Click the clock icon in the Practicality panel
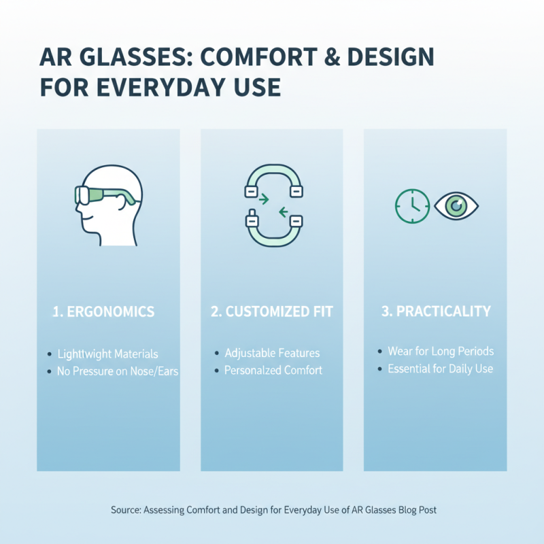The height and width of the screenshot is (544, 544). click(412, 205)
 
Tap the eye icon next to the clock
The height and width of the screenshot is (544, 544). click(456, 205)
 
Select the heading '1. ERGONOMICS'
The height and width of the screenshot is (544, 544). click(103, 312)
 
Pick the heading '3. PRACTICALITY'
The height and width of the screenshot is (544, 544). click(436, 311)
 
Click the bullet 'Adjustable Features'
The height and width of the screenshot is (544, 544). click(272, 354)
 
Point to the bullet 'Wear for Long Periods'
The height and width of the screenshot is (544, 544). click(441, 352)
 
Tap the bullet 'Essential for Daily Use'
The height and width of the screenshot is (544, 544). click(441, 369)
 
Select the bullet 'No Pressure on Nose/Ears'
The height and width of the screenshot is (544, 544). click(118, 372)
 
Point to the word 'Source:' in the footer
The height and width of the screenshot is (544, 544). click(126, 509)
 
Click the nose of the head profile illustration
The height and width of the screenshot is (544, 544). click(80, 212)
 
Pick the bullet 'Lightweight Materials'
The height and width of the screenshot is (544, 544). click(107, 354)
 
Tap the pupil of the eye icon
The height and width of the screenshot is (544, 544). click(456, 205)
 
